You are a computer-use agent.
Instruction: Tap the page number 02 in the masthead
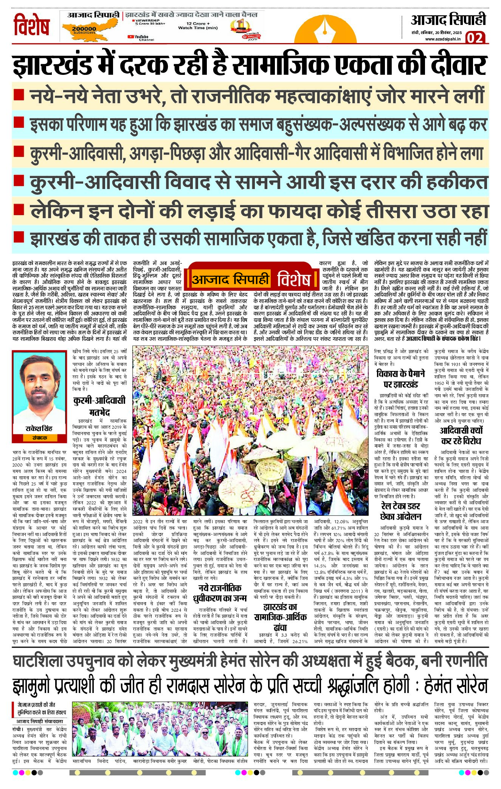[x=475, y=38]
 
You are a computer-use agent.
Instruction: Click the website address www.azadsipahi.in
[x=443, y=39]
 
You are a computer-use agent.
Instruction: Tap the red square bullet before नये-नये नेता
[x=19, y=95]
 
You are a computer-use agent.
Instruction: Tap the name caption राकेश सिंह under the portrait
[x=39, y=428]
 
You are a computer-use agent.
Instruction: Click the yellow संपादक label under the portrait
[x=39, y=438]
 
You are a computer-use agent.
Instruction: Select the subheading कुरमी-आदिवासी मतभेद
[x=99, y=406]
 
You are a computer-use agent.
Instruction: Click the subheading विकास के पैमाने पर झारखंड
[x=401, y=379]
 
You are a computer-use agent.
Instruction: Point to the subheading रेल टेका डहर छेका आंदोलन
[x=401, y=511]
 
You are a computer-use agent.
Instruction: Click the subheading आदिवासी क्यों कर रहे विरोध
[x=461, y=436]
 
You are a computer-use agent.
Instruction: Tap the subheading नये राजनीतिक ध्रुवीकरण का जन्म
[x=220, y=593]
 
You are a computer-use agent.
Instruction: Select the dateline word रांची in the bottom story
[x=17, y=729]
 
